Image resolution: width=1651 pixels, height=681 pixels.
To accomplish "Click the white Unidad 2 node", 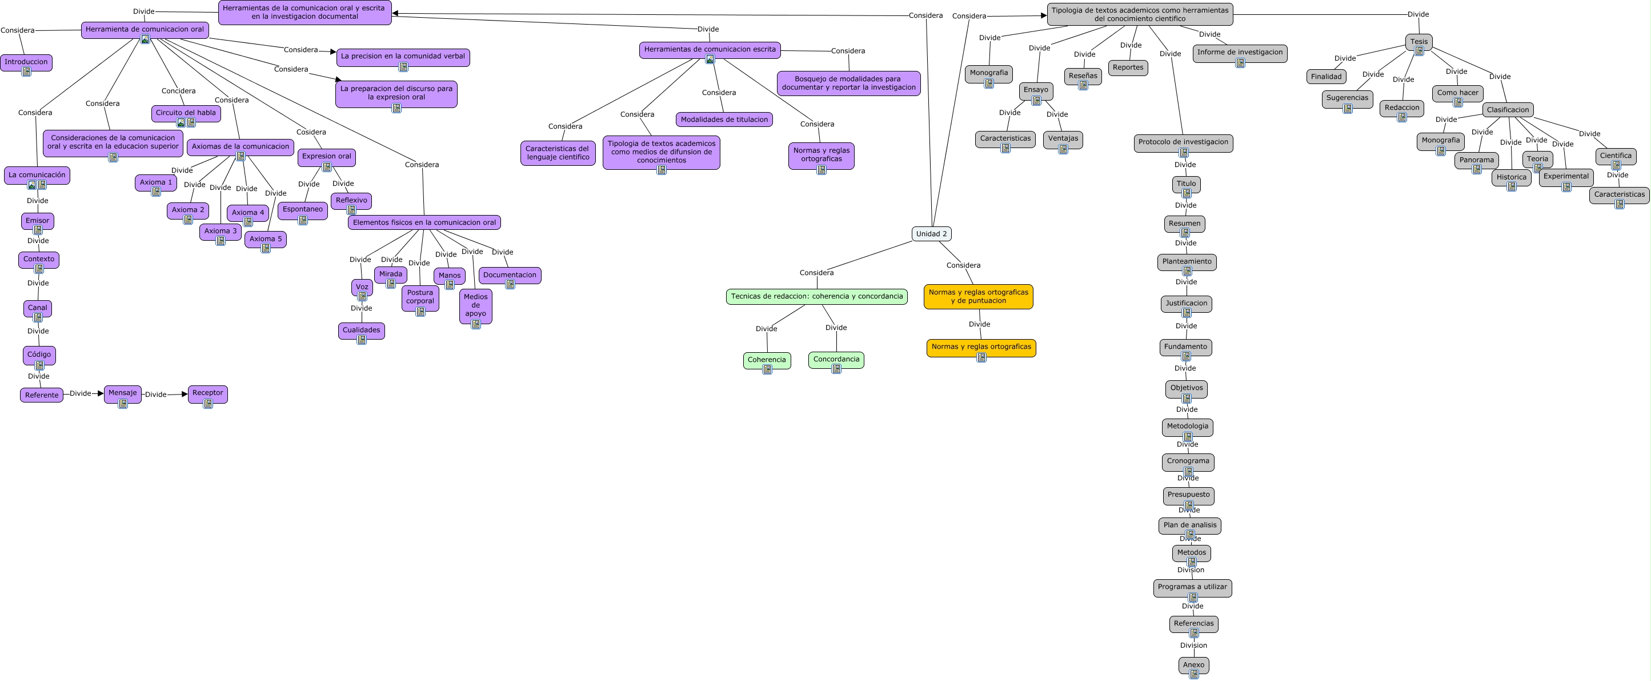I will click(x=931, y=234).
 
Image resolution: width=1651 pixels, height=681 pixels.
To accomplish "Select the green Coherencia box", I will click(x=767, y=360).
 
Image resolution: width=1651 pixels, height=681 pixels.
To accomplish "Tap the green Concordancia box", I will click(x=836, y=359).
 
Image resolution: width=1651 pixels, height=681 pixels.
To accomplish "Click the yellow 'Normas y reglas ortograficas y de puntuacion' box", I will click(x=978, y=296).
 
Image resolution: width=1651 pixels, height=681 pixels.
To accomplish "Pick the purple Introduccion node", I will click(x=26, y=62).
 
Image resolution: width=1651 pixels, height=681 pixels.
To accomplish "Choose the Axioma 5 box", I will click(x=265, y=238).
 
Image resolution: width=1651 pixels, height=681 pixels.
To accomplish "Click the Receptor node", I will click(x=207, y=393).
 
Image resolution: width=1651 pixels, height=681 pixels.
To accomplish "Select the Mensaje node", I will click(x=122, y=393).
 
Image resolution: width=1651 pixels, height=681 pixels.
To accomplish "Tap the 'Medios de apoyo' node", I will click(x=475, y=305).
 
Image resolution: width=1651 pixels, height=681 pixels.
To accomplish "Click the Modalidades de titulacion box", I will click(x=724, y=120).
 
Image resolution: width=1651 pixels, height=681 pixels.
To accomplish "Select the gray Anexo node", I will click(x=1193, y=665).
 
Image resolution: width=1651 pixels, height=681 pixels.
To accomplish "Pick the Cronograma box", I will click(x=1188, y=461).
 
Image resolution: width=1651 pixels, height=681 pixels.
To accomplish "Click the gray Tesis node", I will click(x=1418, y=42).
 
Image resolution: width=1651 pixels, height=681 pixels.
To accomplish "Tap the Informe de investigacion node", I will click(x=1240, y=53).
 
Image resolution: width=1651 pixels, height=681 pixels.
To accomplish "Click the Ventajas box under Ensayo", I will click(x=1063, y=138).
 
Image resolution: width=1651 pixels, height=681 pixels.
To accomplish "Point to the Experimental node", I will click(x=1566, y=176).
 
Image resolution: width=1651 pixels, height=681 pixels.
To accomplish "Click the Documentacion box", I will click(x=510, y=275).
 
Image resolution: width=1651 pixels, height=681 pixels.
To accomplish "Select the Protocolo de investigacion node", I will click(x=1183, y=142).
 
